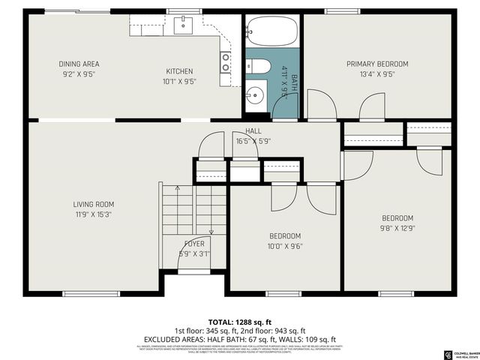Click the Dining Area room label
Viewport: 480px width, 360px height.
79,64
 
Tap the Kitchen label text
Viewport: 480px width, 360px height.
179,72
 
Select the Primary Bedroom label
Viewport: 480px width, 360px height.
377,64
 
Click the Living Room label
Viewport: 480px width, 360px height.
94,204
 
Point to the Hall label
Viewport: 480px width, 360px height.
242,131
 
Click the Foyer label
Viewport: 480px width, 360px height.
194,244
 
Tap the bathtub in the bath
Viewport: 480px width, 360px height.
271,31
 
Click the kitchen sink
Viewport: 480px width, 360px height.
184,25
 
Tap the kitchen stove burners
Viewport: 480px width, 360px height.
224,62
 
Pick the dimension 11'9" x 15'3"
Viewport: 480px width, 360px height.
94,214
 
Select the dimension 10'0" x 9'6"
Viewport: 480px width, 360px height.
285,246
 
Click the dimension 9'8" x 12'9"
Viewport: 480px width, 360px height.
397,228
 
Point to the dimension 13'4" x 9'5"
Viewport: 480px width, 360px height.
377,73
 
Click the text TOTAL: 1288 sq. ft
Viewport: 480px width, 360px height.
239,321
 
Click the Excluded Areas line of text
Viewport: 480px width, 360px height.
239,339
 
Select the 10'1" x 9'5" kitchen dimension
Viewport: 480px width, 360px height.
179,82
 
